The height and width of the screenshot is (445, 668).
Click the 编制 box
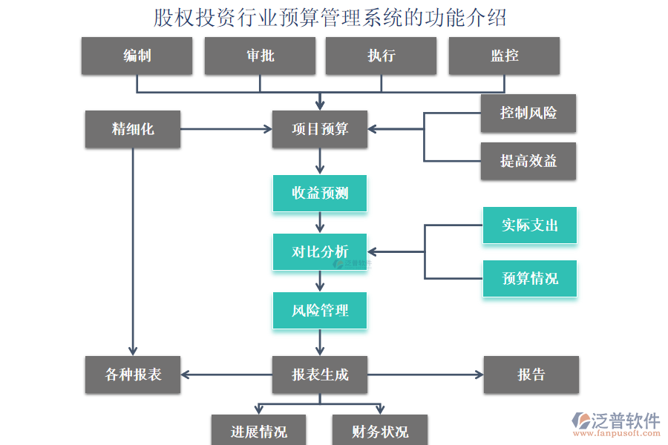(137, 56)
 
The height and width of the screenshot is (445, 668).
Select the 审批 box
(260, 56)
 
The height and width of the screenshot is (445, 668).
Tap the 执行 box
(381, 56)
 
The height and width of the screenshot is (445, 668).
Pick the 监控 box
(504, 56)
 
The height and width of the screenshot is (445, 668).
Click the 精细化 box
(133, 129)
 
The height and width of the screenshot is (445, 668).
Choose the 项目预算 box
(320, 129)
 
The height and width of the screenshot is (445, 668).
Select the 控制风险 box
(528, 113)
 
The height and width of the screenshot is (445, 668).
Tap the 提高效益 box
(528, 161)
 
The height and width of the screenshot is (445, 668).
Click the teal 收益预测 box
(320, 194)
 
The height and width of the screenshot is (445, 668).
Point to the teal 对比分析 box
(320, 252)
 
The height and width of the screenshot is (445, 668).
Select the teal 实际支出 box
(529, 225)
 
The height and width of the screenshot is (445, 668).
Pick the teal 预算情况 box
(529, 278)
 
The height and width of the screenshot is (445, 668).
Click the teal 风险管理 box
(320, 310)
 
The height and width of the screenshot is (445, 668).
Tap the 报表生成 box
(320, 375)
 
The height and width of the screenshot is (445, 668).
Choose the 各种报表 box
(133, 375)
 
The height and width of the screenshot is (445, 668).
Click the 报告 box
(531, 375)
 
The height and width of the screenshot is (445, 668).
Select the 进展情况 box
(258, 431)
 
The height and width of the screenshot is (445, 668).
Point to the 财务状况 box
(380, 431)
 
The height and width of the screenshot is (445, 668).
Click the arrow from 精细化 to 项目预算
(226, 129)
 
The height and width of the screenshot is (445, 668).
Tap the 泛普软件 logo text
(625, 421)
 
